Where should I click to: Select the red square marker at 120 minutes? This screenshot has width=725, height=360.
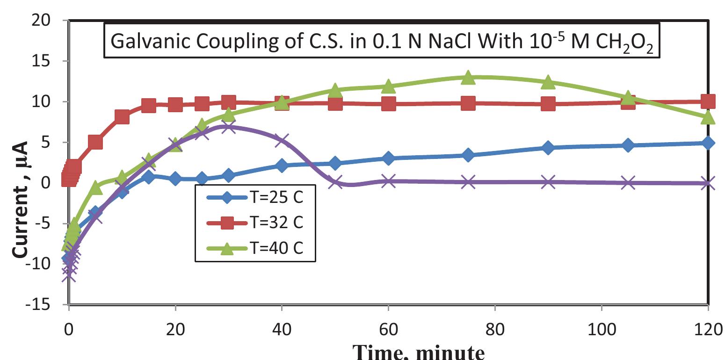[x=708, y=101]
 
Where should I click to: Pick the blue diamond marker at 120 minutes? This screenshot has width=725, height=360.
[x=708, y=143]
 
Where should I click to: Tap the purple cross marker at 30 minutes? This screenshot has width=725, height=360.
[x=228, y=126]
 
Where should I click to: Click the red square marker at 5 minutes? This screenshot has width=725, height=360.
[x=95, y=142]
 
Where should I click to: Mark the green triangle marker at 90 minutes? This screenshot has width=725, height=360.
[x=548, y=82]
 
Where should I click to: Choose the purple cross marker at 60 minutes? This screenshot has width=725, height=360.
[x=388, y=181]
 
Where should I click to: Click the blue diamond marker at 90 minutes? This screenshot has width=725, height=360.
[x=548, y=148]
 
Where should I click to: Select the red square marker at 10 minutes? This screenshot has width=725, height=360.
[x=122, y=117]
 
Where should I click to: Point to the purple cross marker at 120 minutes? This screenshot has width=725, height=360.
[x=708, y=183]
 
